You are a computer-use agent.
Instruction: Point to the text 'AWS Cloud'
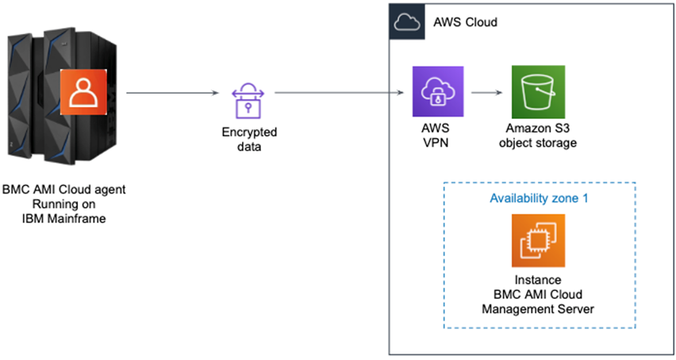[466, 22]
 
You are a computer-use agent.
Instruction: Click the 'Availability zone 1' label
[538, 197]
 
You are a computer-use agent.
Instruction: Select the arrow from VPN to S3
[486, 93]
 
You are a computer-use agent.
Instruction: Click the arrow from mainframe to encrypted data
[172, 93]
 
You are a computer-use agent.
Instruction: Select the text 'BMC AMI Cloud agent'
[64, 190]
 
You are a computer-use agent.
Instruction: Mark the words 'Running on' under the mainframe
[64, 205]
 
